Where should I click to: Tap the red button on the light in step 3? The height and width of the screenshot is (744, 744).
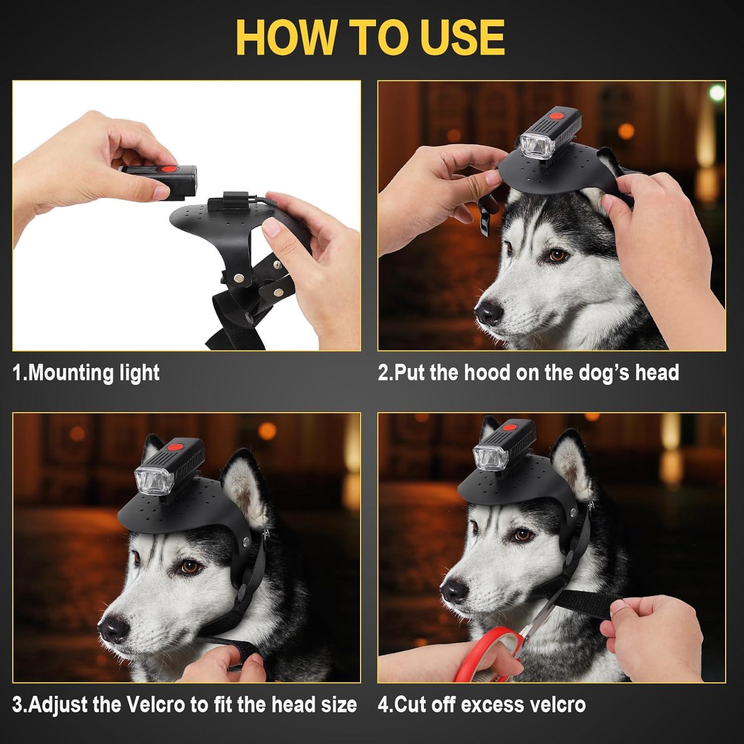pyautogui.click(x=176, y=447)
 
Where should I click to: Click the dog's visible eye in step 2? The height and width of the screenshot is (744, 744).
pyautogui.click(x=557, y=255)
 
